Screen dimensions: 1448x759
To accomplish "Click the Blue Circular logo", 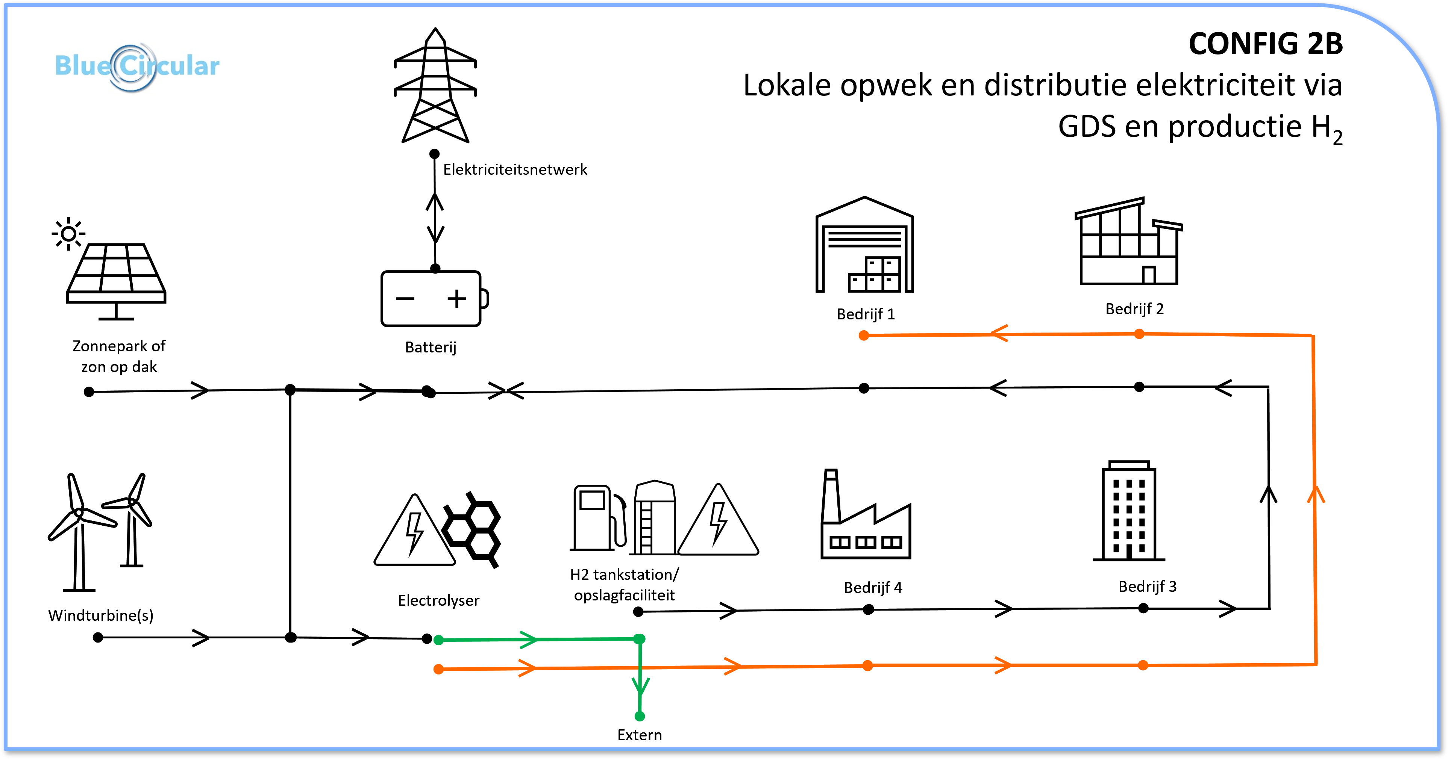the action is pos(136,66).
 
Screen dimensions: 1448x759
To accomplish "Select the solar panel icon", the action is pos(116,281).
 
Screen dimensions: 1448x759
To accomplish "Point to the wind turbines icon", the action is pos(100,531).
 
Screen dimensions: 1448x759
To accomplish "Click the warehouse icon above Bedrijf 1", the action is pos(864,244).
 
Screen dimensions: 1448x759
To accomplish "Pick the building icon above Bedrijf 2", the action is pos(1129,241).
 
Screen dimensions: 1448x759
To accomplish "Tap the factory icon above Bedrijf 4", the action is pos(866,514).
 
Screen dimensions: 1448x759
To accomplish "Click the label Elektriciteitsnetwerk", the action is pos(515,170).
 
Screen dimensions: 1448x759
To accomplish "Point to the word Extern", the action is pos(640,735).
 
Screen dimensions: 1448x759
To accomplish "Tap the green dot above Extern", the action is pos(640,716).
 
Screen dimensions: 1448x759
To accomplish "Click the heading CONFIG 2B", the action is pos(1265,44).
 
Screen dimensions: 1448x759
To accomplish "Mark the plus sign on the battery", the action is pos(456,298).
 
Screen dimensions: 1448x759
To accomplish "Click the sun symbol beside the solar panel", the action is pos(68,233).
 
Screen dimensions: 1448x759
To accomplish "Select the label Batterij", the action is pos(431,347).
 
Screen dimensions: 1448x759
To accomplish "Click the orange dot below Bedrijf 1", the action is pos(864,336).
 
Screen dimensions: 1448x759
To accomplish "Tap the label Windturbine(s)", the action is pos(101,615).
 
